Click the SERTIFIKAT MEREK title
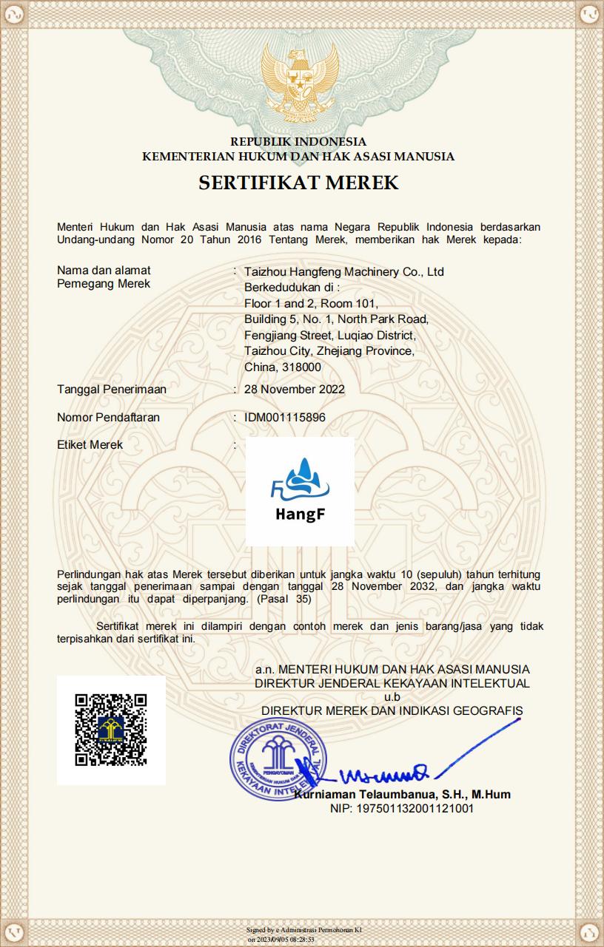pos(298,183)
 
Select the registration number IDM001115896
pos(284,417)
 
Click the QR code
pos(111,730)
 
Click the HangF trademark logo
pos(300,491)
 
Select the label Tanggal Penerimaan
pos(112,389)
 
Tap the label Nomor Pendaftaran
pos(108,417)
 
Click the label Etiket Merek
pos(90,445)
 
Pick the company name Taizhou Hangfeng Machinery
pos(343,271)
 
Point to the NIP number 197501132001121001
pos(402,809)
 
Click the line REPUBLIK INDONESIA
pos(298,141)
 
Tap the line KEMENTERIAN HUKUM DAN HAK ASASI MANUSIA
pos(298,156)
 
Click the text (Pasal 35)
pos(284,599)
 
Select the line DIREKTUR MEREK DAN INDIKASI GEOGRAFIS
pos(392,710)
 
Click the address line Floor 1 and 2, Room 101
pos(311,303)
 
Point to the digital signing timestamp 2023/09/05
pos(284,940)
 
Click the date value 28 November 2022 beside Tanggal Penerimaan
pos(294,389)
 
